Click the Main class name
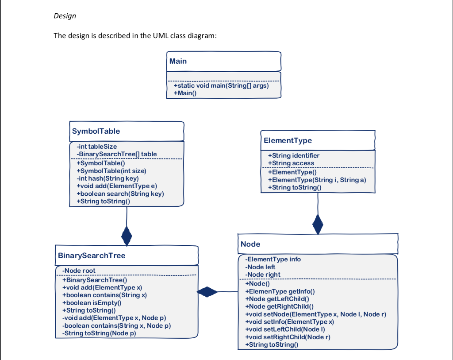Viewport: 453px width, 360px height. [178, 61]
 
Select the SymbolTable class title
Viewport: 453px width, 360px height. [96, 131]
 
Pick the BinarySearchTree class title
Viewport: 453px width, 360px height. [92, 255]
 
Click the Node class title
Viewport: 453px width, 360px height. [250, 244]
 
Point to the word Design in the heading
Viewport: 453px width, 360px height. [65, 16]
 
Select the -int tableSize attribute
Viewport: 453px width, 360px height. [97, 146]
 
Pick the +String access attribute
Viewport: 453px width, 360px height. [291, 163]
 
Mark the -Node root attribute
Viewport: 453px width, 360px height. [79, 271]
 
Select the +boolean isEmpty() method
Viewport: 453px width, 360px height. [92, 302]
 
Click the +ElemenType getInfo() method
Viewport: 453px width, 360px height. [280, 291]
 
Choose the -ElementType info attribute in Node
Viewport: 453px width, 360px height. [273, 259]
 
